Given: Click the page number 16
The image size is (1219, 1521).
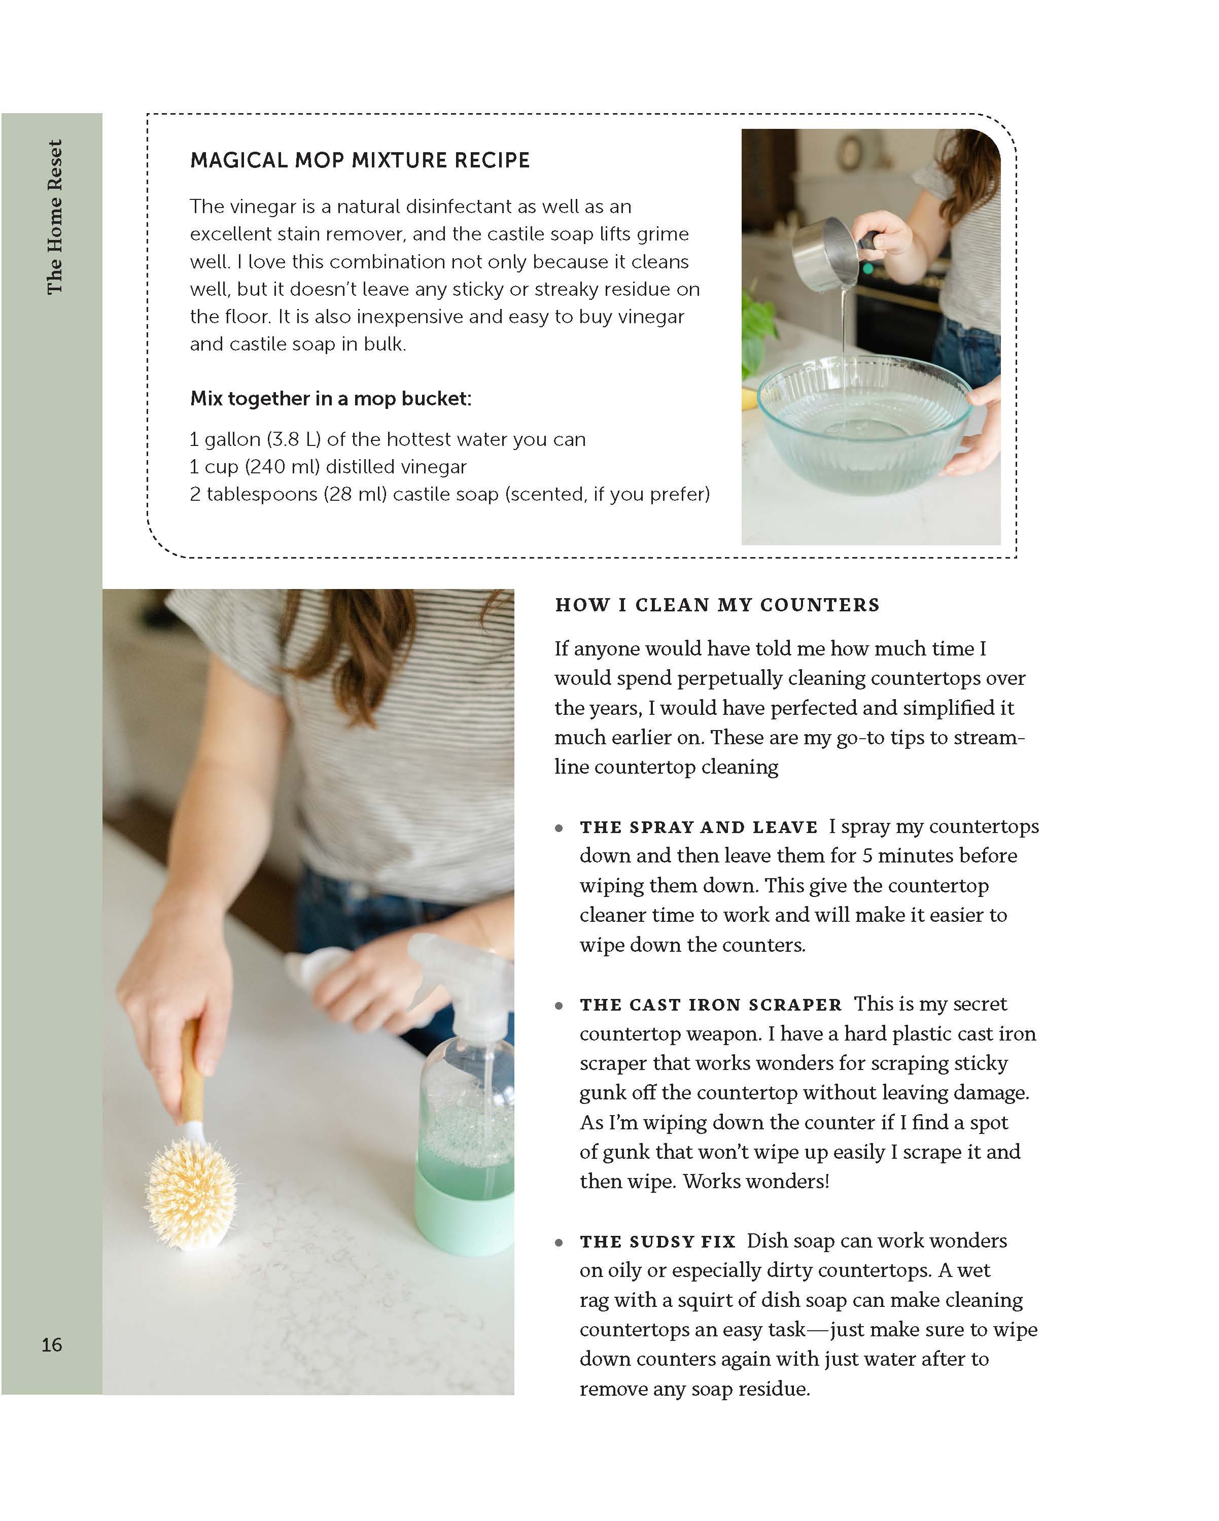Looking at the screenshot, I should pyautogui.click(x=52, y=1344).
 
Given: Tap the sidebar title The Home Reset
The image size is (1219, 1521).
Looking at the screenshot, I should pyautogui.click(x=54, y=217).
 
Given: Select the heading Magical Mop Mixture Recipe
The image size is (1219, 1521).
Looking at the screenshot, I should pyautogui.click(x=360, y=161).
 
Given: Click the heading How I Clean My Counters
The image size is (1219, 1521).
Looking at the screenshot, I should pyautogui.click(x=717, y=605).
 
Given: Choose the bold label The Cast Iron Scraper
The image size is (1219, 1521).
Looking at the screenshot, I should pyautogui.click(x=710, y=1005).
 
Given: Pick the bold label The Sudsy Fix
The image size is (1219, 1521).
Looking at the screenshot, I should pyautogui.click(x=657, y=1241).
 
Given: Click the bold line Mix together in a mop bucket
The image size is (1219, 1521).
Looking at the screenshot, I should pyautogui.click(x=330, y=399).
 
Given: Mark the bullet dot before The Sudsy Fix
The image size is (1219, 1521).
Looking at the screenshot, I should pyautogui.click(x=559, y=1242).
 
